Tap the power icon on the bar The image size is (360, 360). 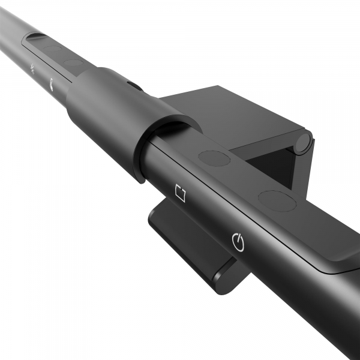(238, 242)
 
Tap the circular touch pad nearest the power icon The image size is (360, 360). (277, 200)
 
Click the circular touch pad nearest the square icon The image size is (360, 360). (214, 158)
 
